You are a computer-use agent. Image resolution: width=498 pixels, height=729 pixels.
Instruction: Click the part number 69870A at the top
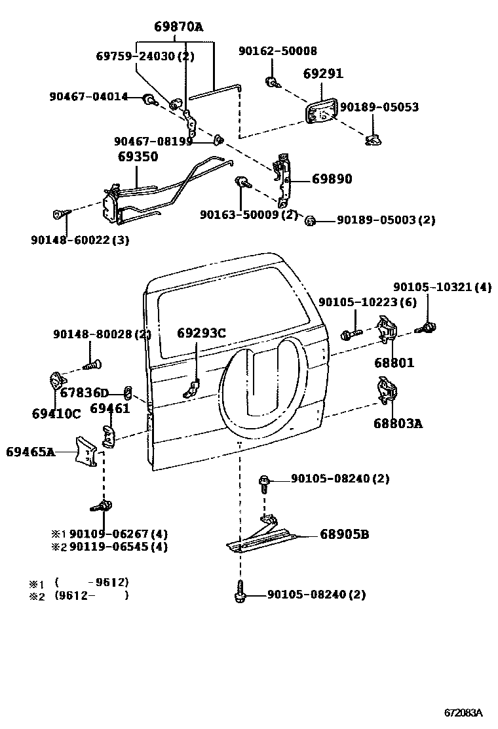[178, 27]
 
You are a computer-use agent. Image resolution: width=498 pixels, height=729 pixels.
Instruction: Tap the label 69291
[323, 75]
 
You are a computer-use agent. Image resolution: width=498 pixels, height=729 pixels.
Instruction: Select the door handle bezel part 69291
[320, 110]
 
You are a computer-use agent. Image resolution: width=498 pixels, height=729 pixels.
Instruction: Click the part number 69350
[138, 157]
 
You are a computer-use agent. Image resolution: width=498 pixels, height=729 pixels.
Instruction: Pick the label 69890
[332, 179]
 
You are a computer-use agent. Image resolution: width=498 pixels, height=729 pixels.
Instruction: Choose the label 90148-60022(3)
[79, 240]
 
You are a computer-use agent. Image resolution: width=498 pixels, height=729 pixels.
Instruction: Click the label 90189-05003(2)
[386, 221]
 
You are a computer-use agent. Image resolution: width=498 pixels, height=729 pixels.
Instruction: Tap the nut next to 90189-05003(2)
[311, 220]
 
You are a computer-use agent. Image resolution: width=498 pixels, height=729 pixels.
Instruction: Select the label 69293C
[201, 333]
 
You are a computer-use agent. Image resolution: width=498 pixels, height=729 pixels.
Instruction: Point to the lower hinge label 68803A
[398, 424]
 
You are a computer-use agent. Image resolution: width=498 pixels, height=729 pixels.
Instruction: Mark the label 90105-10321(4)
[442, 287]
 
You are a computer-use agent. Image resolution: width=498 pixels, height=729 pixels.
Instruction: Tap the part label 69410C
[56, 414]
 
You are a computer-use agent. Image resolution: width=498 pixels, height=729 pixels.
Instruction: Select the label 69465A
[30, 452]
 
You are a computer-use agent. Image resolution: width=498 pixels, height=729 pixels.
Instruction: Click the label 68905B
[344, 535]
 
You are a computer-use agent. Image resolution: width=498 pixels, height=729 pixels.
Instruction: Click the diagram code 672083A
[463, 713]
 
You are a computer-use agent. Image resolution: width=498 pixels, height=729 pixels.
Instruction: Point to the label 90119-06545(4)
[118, 547]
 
